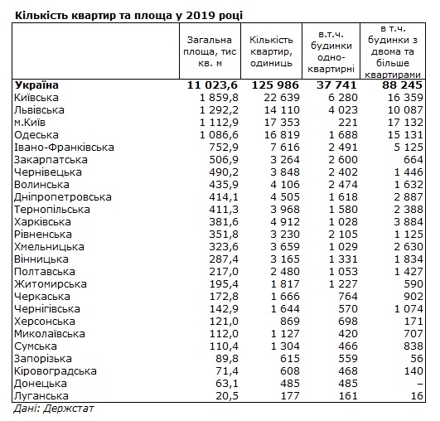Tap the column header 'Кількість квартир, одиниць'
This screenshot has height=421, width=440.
coord(272,52)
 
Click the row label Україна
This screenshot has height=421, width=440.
coord(36,85)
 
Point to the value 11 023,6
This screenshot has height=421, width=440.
coord(211,85)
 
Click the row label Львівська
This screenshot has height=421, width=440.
coord(40,109)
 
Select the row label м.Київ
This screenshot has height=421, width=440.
coord(33,122)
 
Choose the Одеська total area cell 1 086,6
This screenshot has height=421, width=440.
coord(216,134)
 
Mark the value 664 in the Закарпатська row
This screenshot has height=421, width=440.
coord(413,159)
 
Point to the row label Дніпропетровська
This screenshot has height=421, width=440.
coord(62,196)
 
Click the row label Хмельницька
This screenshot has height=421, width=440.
coord(49,246)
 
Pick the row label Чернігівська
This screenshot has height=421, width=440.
coord(47,308)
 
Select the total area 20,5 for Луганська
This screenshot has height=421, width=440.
coord(225,394)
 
